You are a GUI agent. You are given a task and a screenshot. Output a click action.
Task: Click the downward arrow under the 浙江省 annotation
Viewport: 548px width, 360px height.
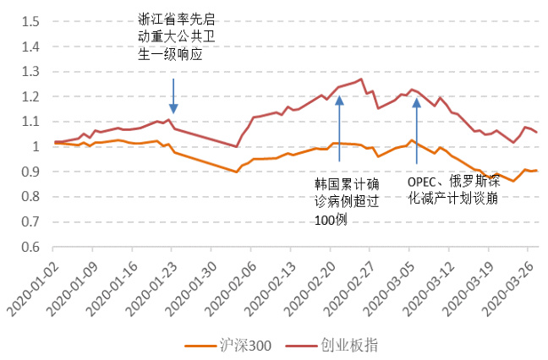click(173, 96)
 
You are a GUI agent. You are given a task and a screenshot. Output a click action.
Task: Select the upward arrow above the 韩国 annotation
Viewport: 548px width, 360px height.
click(339, 127)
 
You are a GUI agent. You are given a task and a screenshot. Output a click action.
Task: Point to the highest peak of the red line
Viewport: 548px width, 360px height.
click(361, 79)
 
